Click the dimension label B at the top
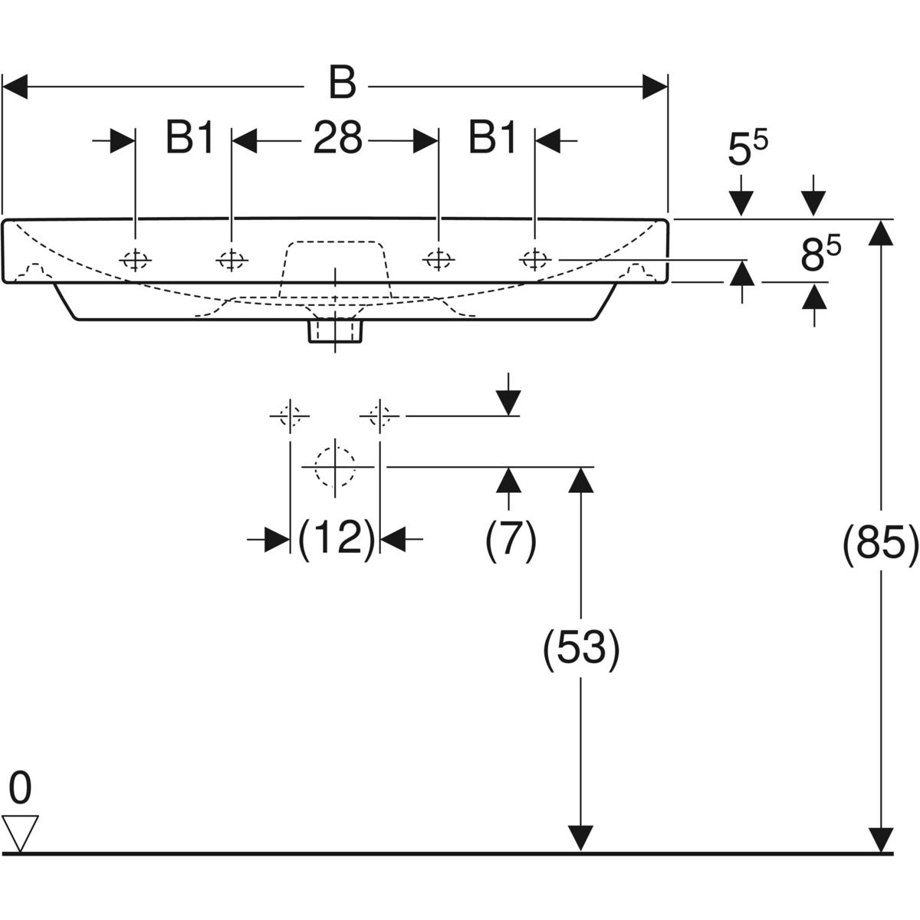pyautogui.click(x=342, y=83)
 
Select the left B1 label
pyautogui.click(x=190, y=140)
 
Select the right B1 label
pyautogui.click(x=492, y=140)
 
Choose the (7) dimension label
pyautogui.click(x=511, y=540)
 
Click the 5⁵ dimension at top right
pyautogui.click(x=747, y=149)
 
